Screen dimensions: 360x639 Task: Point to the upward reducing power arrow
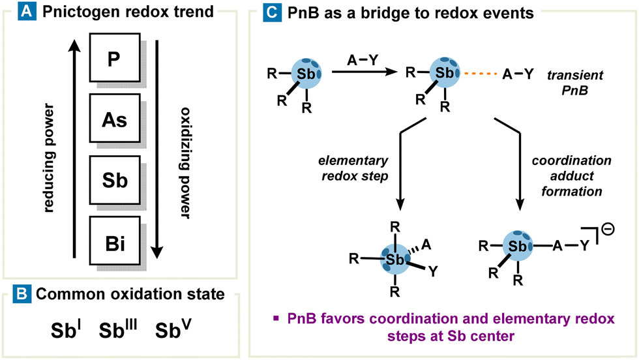pyautogui.click(x=76, y=149)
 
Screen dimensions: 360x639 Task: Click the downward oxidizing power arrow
pyautogui.click(x=156, y=149)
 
